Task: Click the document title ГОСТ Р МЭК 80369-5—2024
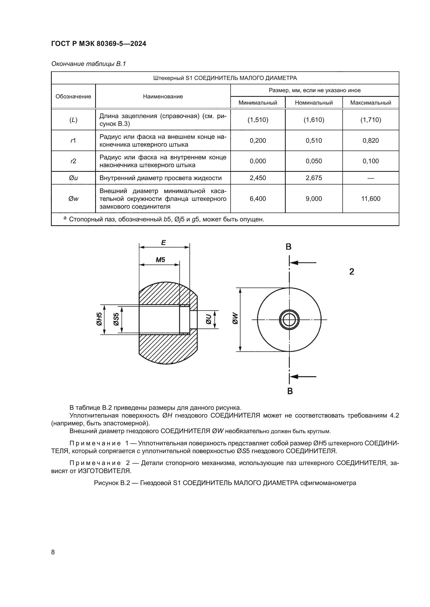(99, 44)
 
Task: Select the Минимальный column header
(258, 103)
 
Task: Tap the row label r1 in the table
(73, 141)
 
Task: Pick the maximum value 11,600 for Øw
(370, 199)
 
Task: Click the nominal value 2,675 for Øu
(314, 178)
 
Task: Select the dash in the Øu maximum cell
(370, 178)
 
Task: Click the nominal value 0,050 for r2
(314, 161)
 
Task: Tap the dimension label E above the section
(163, 242)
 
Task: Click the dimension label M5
(160, 260)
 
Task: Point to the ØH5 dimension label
(99, 319)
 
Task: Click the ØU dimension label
(209, 319)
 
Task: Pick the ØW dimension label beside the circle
(235, 319)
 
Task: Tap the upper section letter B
(289, 247)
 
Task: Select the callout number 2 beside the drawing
(351, 271)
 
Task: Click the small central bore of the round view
(289, 320)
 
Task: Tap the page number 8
(53, 552)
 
